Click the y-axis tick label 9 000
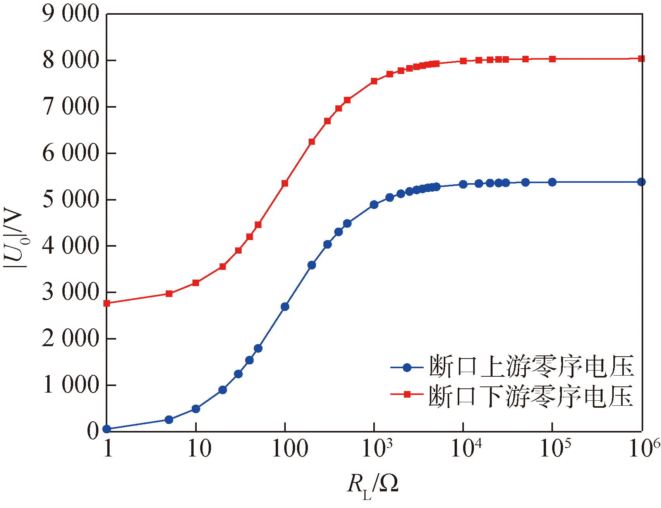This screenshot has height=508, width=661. tap(71, 14)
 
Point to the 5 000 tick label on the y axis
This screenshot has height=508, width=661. tap(71, 199)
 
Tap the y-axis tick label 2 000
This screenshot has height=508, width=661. tap(71, 339)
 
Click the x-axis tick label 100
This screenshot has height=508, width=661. tap(290, 449)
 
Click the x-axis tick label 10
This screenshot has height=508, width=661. tap(199, 449)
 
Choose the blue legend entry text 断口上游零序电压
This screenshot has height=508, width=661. tap(531, 367)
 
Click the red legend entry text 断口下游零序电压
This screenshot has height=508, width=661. tap(531, 395)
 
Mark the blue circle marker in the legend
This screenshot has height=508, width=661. tap(407, 367)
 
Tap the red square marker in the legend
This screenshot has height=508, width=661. tap(407, 395)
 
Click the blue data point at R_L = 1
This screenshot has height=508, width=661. tap(107, 429)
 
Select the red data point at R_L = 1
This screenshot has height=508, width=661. tap(107, 303)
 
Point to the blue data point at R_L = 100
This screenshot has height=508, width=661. tap(285, 307)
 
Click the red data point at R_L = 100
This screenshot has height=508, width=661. tap(285, 183)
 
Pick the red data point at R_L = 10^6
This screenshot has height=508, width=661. tap(641, 58)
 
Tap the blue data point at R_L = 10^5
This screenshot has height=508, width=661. tap(553, 182)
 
